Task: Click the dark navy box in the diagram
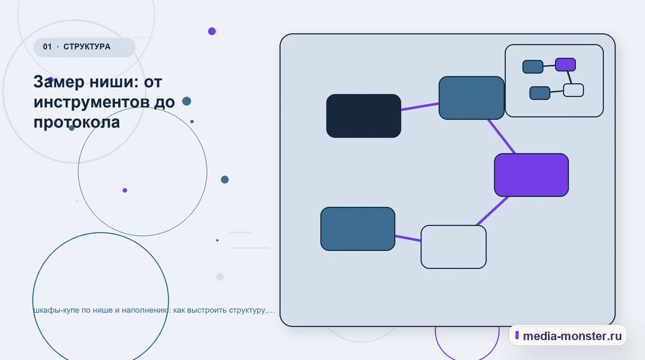pos(363,116)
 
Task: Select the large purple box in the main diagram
pos(531,175)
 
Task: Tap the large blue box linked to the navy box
pos(471,98)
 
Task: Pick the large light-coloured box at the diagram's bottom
pos(454,247)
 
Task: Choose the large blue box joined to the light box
pos(357,229)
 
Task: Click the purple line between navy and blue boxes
pos(420,106)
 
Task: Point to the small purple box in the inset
pos(565,64)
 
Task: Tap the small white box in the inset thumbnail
pos(574,90)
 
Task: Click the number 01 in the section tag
pos(47,47)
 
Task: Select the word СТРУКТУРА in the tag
pos(87,47)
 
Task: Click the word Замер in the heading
pos(59,82)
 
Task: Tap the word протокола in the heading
pos(76,123)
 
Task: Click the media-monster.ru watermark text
pos(572,336)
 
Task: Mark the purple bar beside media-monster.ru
pos(517,335)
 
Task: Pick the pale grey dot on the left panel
pos(220,277)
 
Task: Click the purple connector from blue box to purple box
pos(501,136)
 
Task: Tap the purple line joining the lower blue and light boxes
pos(408,238)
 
